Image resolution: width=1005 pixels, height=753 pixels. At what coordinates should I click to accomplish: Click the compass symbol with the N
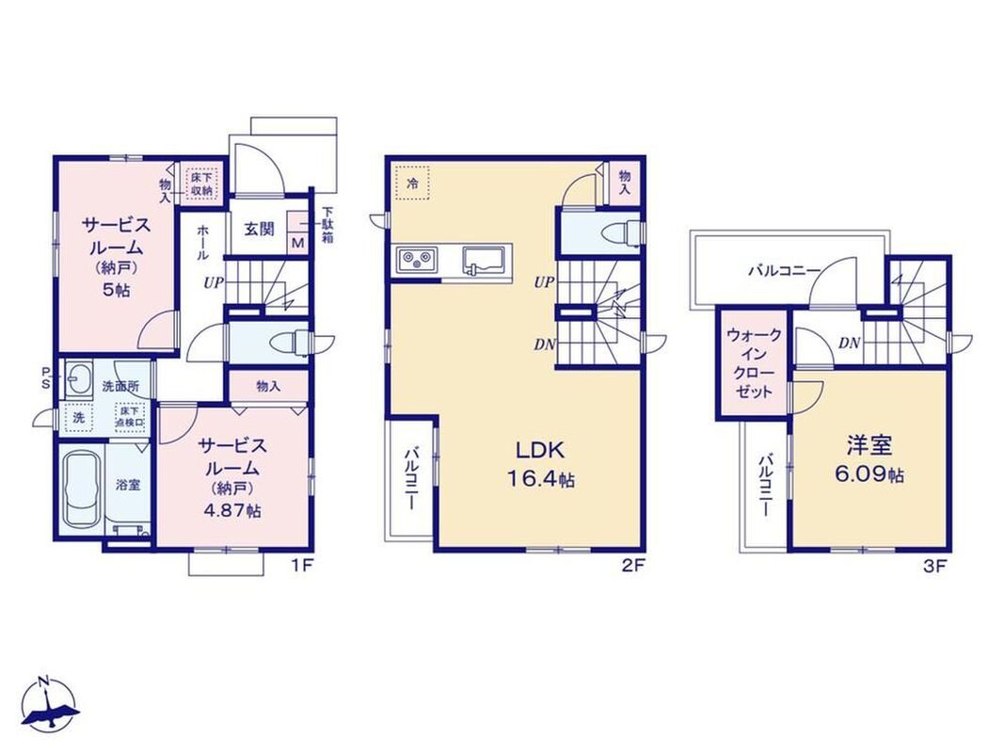(50, 704)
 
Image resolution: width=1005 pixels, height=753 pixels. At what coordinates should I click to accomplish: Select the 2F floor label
(632, 566)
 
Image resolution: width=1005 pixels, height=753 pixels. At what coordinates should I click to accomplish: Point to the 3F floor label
(935, 566)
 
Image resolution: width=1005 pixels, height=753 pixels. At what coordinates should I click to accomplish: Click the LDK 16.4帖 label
(540, 464)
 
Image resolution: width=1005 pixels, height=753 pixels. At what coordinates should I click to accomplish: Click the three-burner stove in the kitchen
(416, 260)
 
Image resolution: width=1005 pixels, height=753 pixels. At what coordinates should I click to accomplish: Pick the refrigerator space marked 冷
(412, 184)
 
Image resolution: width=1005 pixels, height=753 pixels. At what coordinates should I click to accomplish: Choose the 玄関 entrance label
(260, 229)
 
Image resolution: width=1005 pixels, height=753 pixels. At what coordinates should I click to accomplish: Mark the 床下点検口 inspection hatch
(130, 417)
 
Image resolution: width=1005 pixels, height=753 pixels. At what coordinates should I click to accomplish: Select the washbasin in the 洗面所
(77, 381)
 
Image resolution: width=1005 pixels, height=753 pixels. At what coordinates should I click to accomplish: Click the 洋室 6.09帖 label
(869, 459)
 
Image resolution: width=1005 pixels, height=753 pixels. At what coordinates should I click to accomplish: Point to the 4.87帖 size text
(232, 511)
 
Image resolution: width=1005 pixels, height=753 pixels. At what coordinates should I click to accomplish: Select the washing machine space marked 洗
(78, 419)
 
